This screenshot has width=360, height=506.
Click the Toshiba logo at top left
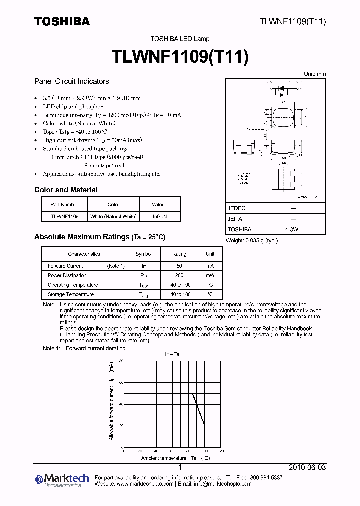[x=62, y=21]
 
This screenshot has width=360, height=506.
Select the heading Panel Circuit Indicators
[x=71, y=81]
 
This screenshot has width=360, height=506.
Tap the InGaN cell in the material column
[x=160, y=217]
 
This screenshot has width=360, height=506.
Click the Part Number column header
[x=64, y=204]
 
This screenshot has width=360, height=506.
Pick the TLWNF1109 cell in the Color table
[x=64, y=217]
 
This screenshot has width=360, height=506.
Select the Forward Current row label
[x=65, y=266]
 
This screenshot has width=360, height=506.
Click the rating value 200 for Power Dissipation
[x=179, y=276]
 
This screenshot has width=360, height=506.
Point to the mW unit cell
[x=210, y=276]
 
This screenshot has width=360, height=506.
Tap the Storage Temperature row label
[x=70, y=295]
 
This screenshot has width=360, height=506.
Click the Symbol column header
[x=144, y=254]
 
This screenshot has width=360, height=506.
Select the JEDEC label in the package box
[x=236, y=208]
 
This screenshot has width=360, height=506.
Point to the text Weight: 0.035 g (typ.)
[x=252, y=241]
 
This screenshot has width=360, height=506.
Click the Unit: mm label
[x=315, y=74]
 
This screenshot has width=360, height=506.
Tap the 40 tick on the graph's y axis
[x=120, y=404]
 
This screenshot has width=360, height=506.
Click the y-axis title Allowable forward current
[x=111, y=401]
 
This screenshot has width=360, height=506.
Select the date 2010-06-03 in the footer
[x=307, y=467]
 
